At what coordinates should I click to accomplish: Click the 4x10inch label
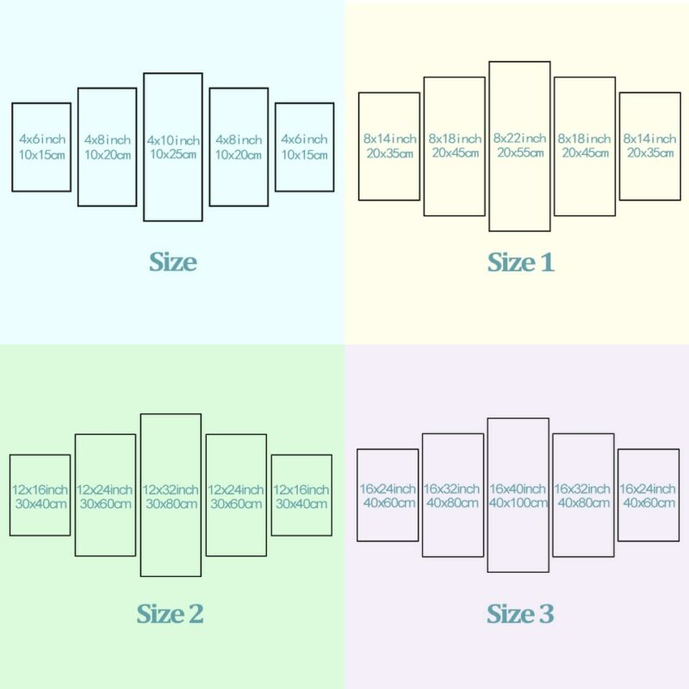[173, 140]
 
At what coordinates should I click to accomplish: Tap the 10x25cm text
[173, 154]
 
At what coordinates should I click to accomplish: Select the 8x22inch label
[520, 139]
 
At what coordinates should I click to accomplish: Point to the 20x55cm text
[520, 152]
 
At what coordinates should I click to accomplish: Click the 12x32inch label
[171, 489]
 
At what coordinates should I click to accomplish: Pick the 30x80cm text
[171, 504]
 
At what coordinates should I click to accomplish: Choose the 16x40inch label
[518, 488]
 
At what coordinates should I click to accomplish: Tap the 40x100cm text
[518, 503]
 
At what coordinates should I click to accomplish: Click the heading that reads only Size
[173, 262]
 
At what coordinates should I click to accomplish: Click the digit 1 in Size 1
[546, 263]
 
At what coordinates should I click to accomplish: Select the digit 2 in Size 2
[196, 613]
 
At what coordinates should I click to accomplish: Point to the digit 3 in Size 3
[547, 613]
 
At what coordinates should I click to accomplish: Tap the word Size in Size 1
[512, 263]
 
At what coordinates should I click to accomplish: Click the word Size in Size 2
[160, 613]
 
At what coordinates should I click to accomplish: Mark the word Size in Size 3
[511, 613]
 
